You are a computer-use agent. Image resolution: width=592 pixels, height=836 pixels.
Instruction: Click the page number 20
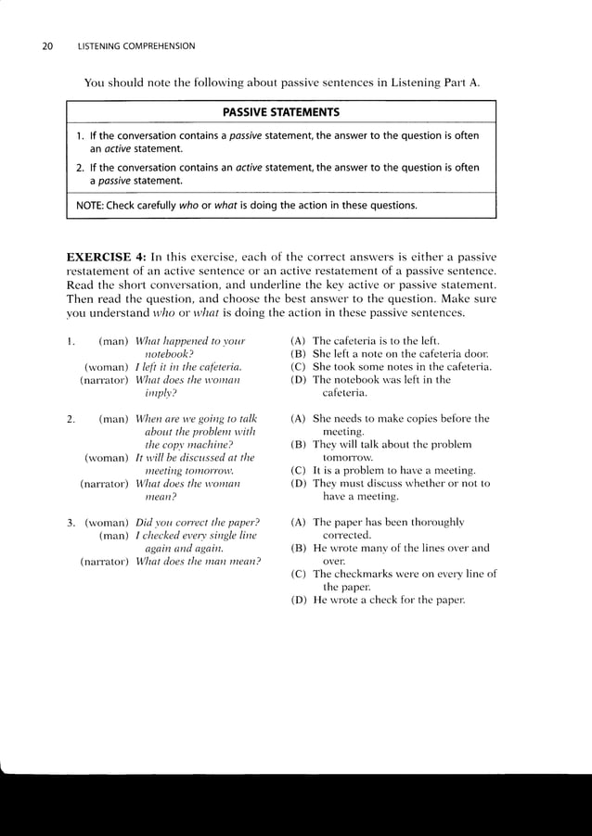[x=47, y=46]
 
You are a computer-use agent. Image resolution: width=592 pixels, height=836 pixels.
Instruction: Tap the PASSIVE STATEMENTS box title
[x=281, y=113]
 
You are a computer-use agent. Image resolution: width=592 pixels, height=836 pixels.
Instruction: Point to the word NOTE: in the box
[x=89, y=204]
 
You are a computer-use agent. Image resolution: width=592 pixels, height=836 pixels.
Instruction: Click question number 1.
[x=71, y=340]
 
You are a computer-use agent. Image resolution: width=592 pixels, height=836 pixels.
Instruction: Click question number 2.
[x=71, y=419]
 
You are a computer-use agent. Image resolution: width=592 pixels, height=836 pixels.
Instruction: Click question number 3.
[x=71, y=522]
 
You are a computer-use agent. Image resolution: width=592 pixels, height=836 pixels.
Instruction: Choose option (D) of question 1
[x=299, y=379]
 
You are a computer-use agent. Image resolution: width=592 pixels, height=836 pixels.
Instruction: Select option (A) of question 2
[x=299, y=419]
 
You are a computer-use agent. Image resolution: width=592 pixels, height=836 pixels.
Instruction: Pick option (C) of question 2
[x=299, y=470]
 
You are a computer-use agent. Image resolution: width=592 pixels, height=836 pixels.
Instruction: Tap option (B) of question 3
[x=299, y=548]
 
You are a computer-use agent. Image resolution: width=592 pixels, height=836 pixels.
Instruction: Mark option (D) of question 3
[x=299, y=600]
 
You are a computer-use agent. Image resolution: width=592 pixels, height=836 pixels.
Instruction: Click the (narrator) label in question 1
[x=105, y=379]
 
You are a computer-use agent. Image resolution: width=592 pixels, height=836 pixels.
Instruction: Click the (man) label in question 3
[x=113, y=535]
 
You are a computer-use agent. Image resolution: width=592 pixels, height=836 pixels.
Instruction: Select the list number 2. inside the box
[x=80, y=168]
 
